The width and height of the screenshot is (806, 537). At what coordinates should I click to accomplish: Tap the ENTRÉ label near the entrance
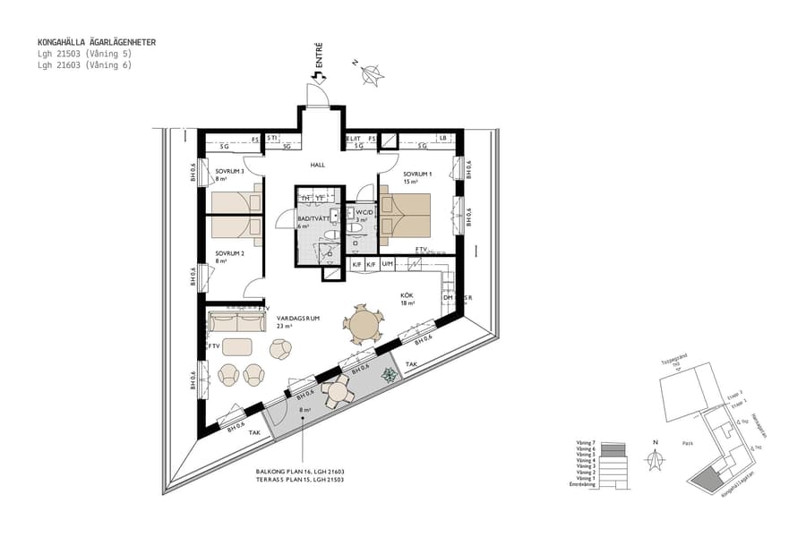click(x=319, y=56)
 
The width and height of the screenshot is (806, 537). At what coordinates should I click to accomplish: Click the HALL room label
click(x=317, y=166)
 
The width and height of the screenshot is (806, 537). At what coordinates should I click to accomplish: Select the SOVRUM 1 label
click(x=418, y=174)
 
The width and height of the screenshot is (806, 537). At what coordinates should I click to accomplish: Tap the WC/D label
click(x=363, y=212)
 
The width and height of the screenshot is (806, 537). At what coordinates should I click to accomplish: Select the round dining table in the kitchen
click(x=364, y=324)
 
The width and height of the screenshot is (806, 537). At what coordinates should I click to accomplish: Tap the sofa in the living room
click(x=236, y=320)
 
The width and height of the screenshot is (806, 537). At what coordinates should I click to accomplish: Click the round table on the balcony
click(x=339, y=391)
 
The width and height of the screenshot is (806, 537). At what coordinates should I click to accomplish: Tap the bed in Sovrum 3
click(x=232, y=203)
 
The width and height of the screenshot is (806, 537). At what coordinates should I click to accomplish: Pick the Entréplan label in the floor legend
click(x=582, y=484)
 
